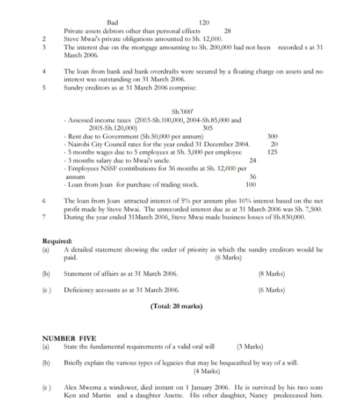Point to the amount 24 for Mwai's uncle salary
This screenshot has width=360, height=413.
[x=253, y=160]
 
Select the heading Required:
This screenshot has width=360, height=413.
[x=56, y=241]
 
